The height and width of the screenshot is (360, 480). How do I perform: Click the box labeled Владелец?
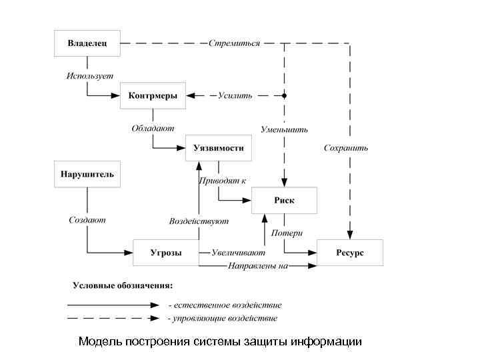coord(87,43)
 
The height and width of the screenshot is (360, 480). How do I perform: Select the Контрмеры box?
coord(153,95)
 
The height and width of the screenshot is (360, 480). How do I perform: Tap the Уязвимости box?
coord(219,147)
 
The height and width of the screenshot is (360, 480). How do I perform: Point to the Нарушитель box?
coord(87,175)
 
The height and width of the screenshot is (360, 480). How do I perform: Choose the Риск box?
coord(284,200)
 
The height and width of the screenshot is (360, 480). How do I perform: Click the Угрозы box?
coord(166,253)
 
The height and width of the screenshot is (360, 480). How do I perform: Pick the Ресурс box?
coord(349,253)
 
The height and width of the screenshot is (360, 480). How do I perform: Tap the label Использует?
coord(90,76)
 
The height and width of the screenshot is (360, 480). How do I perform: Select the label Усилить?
coord(235,95)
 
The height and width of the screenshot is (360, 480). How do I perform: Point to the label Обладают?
coord(153,128)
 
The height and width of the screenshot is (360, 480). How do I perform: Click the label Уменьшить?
coord(284,129)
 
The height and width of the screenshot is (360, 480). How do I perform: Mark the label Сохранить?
coord(345,147)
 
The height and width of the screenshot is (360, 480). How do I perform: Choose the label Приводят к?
coord(223,180)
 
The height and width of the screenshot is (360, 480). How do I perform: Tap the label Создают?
coord(87,219)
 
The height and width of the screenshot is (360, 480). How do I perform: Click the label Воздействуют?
coord(199,221)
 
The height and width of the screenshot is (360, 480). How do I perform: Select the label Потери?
coord(287,233)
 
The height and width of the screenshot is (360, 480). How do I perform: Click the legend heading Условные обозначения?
coord(123,286)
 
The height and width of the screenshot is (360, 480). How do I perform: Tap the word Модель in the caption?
coord(99,341)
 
